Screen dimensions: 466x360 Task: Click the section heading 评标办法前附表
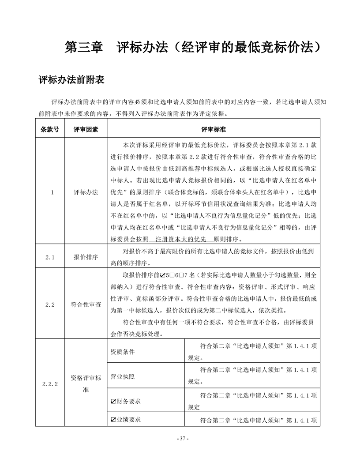[71, 81]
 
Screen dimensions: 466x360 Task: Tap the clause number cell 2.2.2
[51, 384]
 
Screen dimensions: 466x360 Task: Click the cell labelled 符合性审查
[86, 304]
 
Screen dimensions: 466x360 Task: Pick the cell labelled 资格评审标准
[86, 384]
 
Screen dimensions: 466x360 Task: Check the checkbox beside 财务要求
[113, 402]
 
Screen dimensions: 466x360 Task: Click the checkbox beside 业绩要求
[113, 420]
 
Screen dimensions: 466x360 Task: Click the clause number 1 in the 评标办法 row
[52, 192]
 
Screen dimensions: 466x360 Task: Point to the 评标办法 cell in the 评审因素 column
[86, 192]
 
